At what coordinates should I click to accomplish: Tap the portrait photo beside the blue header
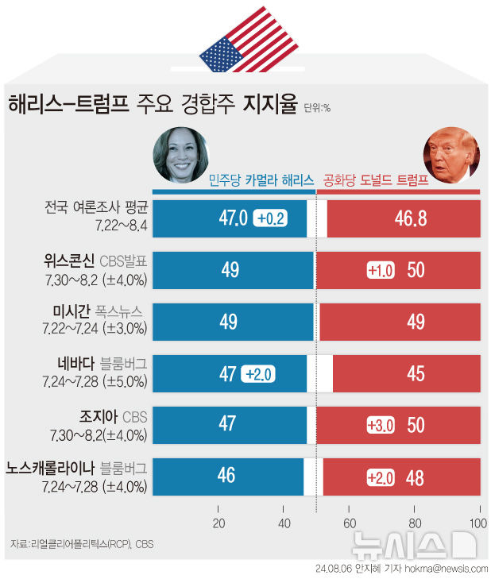[x=180, y=155]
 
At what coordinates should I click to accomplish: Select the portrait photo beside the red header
[x=451, y=155]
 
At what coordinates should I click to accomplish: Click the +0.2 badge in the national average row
[x=270, y=218]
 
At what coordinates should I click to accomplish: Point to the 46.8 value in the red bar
[x=411, y=218]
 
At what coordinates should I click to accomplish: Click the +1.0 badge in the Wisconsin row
[x=381, y=270]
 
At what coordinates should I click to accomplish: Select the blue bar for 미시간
[x=233, y=322]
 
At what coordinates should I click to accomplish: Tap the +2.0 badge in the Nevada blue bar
[x=258, y=374]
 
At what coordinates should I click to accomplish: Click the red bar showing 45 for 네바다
[x=407, y=373]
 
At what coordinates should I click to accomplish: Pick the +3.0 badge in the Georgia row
[x=381, y=426]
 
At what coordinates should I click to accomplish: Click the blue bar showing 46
[x=228, y=477]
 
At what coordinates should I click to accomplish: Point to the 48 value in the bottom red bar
[x=415, y=478]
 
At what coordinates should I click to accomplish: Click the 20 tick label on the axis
[x=218, y=523]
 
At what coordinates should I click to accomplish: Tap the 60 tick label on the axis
[x=350, y=523]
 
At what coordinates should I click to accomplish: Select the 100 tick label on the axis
[x=478, y=523]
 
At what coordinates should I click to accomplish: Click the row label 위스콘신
[x=69, y=261]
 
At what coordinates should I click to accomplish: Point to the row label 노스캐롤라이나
[x=50, y=468]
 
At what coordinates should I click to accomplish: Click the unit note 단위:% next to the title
[x=317, y=108]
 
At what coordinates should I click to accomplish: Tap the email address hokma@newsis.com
[x=447, y=569]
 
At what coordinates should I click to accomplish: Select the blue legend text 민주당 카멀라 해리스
[x=261, y=180]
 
